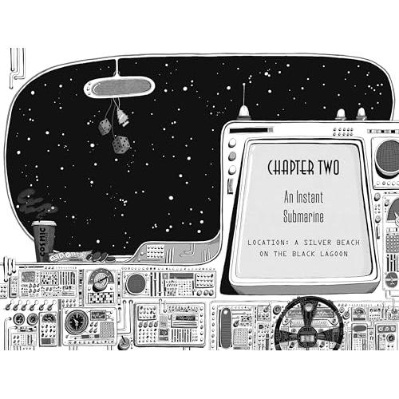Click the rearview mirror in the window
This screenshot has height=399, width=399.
pos(119,88)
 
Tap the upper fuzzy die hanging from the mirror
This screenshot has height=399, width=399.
pos(105,127)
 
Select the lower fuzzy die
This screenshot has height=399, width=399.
pos(120,144)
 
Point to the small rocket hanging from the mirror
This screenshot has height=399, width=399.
pos(122,117)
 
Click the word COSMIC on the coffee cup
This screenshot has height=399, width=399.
pos(42,241)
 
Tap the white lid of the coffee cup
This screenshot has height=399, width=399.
pos(44,223)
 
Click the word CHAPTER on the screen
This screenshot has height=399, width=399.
pos(290,168)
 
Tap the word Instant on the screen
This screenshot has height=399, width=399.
pos(310,197)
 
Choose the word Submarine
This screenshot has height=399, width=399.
pos(303,216)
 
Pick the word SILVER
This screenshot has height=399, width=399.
pos(318,243)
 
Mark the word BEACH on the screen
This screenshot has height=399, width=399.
pos(348,243)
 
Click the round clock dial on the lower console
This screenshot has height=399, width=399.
pos(77,322)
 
